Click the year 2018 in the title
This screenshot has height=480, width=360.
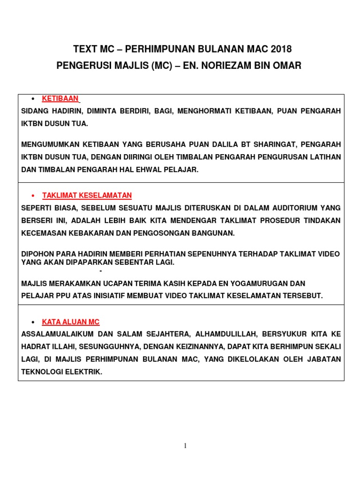pyautogui.click(x=281, y=49)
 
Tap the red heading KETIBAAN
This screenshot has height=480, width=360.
pyautogui.click(x=60, y=98)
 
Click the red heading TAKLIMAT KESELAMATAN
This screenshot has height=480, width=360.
pyautogui.click(x=87, y=195)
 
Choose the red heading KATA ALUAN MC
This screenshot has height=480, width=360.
pyautogui.click(x=71, y=322)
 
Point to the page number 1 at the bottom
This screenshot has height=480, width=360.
pyautogui.click(x=185, y=446)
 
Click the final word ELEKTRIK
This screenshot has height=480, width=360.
pyautogui.click(x=84, y=372)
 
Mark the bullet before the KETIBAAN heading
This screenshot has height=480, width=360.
pyautogui.click(x=33, y=99)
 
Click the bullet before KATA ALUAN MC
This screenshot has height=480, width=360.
pyautogui.click(x=33, y=322)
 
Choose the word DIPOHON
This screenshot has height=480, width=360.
pyautogui.click(x=37, y=254)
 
